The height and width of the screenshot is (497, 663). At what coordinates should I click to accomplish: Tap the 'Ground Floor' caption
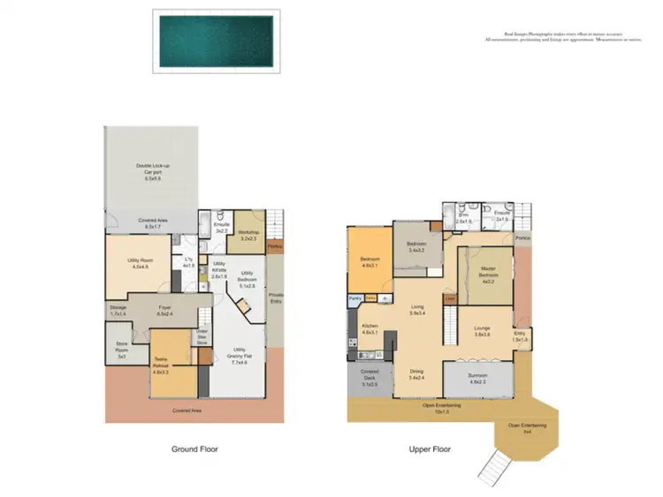tap(194, 449)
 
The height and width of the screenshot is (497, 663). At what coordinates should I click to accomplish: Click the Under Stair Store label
tap(202, 337)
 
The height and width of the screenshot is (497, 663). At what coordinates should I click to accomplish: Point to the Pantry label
tap(354, 299)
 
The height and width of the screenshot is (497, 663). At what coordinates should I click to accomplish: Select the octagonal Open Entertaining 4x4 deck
tap(526, 429)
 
